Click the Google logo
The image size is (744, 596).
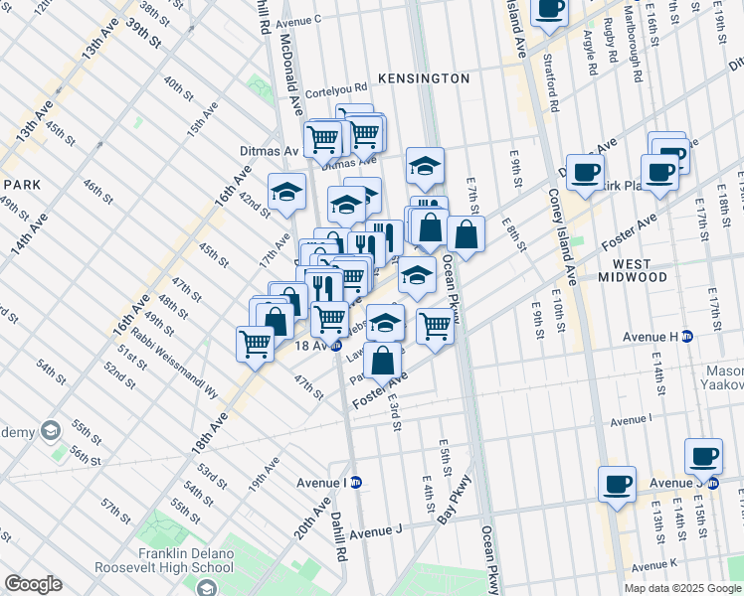pos(33,584)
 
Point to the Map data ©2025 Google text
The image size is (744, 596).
pos(682,588)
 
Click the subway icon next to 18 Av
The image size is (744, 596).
pos(336,346)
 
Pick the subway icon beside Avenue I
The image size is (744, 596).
pos(355,482)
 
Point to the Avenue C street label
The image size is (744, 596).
pos(299,20)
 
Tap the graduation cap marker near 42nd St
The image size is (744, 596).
pos(286,192)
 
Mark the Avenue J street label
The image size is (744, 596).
pos(375,530)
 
